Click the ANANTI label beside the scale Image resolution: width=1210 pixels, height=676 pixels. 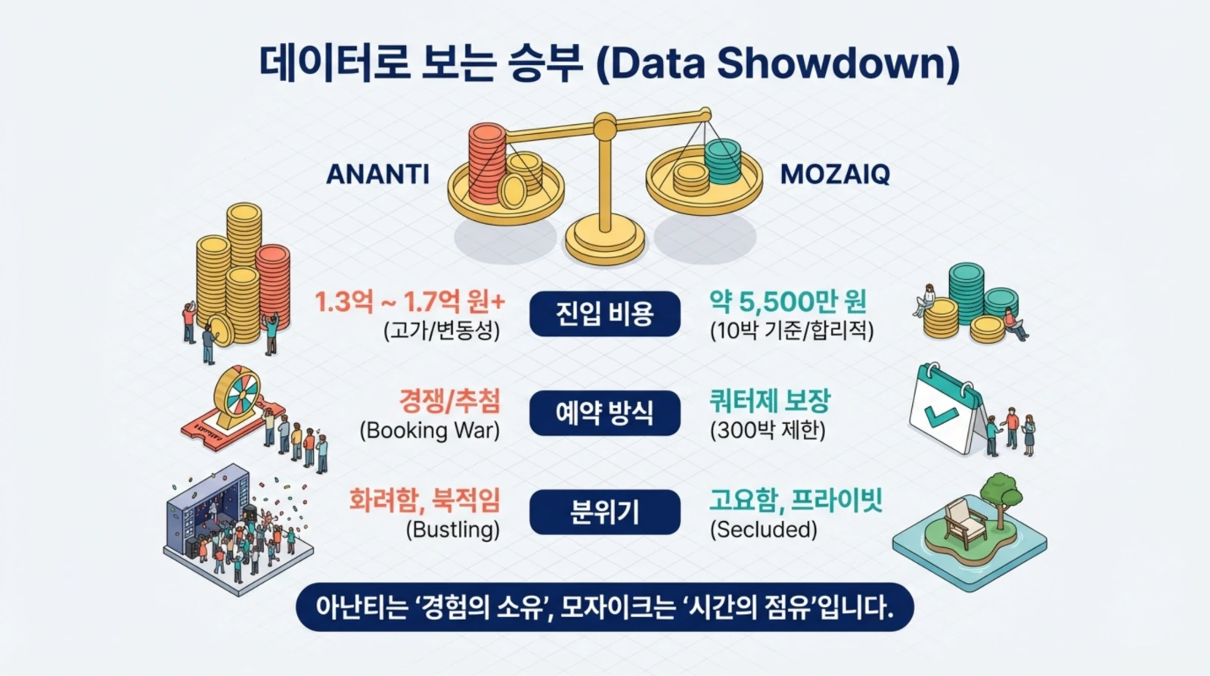tap(377, 174)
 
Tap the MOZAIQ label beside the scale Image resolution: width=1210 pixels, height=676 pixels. tap(835, 174)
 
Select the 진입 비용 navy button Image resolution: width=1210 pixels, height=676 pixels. tap(604, 313)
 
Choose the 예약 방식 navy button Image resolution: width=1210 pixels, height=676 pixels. tap(604, 413)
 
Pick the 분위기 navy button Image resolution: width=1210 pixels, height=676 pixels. tap(604, 512)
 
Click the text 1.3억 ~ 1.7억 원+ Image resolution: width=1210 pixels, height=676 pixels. tap(409, 302)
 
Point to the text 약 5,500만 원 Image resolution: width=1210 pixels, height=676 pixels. tap(787, 302)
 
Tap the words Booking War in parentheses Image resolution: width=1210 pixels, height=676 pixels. tap(430, 431)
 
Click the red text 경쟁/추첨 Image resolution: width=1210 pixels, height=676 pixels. tap(449, 401)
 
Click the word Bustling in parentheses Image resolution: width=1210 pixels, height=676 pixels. tap(453, 530)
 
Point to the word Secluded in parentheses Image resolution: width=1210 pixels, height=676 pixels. tap(763, 530)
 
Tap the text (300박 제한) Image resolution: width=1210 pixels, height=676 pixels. tap(767, 431)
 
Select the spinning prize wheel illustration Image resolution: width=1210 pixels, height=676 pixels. tap(236, 397)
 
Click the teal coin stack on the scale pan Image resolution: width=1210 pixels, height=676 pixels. tap(722, 160)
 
